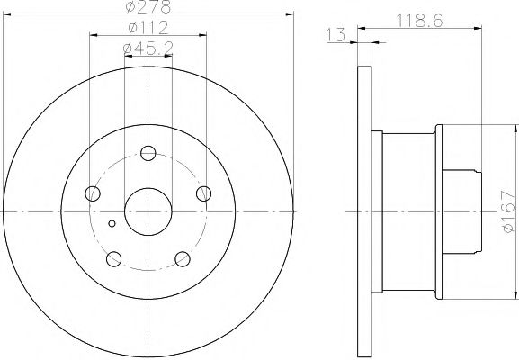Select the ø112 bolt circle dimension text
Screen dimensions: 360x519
tap(148, 28)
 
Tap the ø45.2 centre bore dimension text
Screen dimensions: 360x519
tap(148, 48)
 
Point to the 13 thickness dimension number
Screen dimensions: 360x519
tap(336, 34)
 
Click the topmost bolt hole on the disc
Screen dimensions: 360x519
tap(148, 153)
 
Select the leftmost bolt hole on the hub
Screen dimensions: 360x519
tap(93, 193)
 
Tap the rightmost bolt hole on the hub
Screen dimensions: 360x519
tap(204, 193)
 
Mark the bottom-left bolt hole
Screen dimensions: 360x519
tap(113, 259)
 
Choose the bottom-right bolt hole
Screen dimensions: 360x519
tap(183, 259)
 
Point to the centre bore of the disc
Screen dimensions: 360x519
tap(148, 211)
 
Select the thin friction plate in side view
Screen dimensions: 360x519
tap(364, 211)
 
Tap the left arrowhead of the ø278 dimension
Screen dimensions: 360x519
tap(5, 15)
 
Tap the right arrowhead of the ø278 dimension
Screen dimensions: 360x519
tap(291, 15)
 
